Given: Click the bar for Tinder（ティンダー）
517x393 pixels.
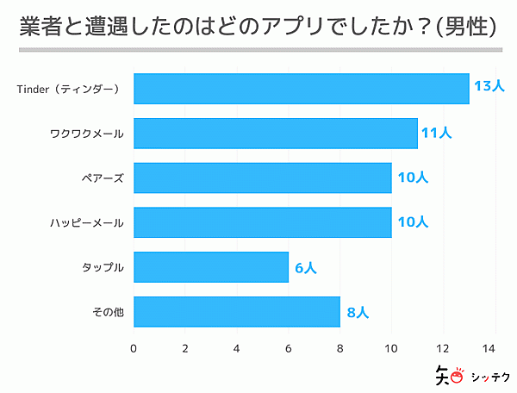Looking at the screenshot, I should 301,88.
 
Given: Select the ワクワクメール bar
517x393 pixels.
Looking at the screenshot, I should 275,133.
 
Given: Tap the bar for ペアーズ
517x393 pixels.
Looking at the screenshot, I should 262,178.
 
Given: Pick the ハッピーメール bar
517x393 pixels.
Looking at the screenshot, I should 262,222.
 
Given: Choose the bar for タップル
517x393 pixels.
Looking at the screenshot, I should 210,267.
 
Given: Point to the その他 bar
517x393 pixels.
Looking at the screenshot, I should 236,312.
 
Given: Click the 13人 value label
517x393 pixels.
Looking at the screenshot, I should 488,87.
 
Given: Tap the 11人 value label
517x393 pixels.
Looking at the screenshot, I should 436,133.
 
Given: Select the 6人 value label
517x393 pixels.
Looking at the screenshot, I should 306,267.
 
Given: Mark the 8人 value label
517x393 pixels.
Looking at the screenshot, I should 358,312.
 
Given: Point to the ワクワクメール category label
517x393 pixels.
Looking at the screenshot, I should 87,133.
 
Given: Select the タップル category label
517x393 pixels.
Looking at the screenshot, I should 103,267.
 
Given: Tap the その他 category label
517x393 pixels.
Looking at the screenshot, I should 107,312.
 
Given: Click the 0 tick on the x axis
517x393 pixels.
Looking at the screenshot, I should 134,348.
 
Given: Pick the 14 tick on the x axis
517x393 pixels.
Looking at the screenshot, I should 495,348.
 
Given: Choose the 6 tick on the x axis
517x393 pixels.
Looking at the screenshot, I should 288,348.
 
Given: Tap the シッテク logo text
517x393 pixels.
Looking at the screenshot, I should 489,376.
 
